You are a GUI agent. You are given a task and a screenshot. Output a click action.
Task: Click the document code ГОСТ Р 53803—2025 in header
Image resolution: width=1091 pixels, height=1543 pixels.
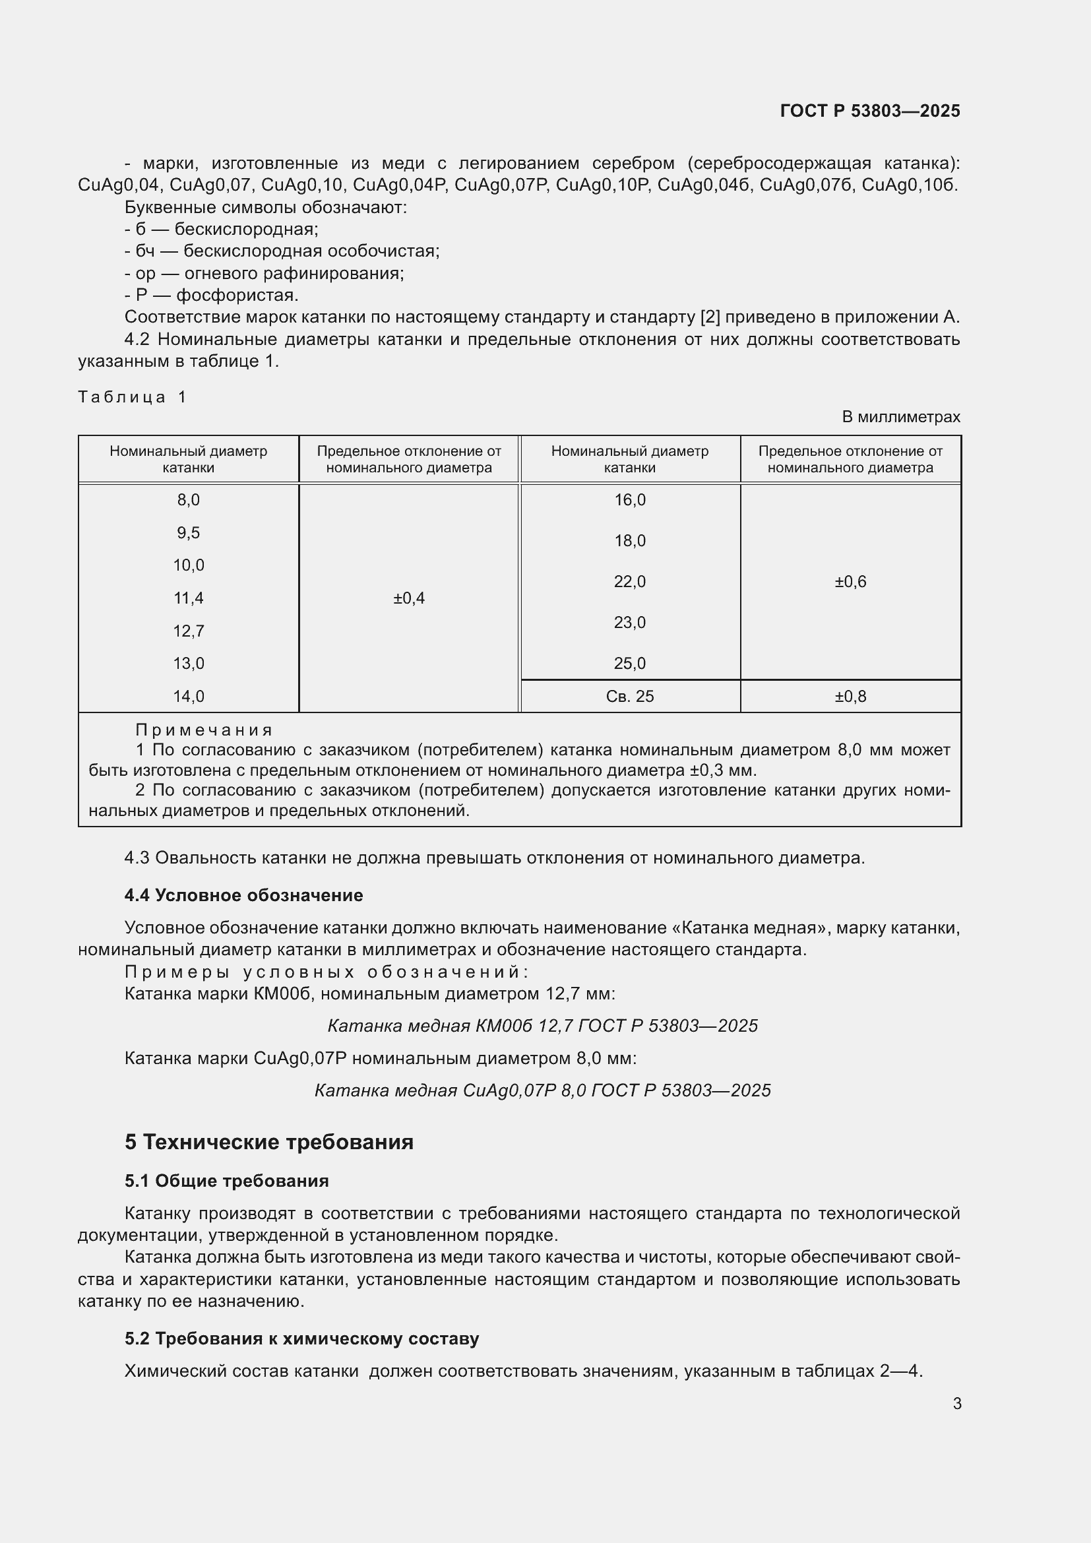(870, 111)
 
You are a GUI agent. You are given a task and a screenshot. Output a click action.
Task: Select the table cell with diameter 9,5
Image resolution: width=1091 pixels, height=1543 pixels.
(188, 533)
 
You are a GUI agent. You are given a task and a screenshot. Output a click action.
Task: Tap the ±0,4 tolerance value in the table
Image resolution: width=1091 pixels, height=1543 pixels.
(408, 598)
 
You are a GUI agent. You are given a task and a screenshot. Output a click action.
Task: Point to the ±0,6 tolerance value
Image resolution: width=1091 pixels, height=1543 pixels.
(850, 582)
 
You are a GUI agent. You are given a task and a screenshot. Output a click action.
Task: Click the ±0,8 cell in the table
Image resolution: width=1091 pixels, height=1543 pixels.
(850, 696)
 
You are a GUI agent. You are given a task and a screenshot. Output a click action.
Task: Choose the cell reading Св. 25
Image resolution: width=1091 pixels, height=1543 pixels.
(629, 696)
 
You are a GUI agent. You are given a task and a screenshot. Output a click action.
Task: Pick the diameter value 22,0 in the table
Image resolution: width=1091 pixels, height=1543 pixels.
(629, 582)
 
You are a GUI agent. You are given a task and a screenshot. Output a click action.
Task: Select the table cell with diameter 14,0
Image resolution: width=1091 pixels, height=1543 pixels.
(188, 696)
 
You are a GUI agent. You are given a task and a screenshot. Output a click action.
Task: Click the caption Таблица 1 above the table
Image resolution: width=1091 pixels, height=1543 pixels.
(132, 397)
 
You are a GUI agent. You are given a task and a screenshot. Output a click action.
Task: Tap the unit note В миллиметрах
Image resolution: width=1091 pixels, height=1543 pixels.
(901, 418)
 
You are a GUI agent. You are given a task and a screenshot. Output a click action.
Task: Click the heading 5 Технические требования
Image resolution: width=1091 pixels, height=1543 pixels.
(268, 1142)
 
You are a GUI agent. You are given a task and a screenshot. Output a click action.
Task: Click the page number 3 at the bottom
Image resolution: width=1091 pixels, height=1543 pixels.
(956, 1403)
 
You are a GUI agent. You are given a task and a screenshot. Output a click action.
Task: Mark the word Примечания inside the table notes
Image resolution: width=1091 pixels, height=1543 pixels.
(204, 730)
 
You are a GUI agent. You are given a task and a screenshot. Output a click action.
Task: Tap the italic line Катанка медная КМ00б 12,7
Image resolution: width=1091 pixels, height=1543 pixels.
(542, 1026)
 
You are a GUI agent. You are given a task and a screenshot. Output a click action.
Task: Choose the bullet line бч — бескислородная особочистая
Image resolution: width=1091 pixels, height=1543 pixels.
(282, 251)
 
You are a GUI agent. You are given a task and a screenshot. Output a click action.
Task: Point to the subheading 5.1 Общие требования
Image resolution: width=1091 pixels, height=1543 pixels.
(226, 1181)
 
